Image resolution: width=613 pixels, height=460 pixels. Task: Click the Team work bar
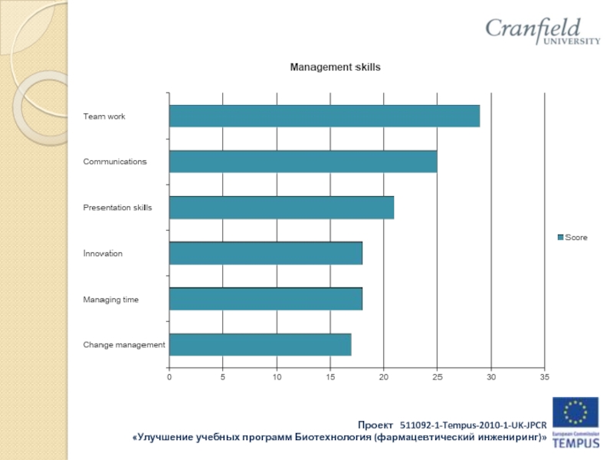coord(324,116)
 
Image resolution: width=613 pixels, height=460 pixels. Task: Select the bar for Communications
coord(303,162)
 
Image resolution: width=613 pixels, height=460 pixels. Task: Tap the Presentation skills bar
coord(281,208)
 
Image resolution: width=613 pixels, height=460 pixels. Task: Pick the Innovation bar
coord(265,253)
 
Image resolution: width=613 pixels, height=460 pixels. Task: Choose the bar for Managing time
coord(265,299)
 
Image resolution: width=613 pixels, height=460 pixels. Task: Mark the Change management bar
coord(260,345)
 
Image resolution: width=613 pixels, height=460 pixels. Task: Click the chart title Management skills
coord(335,67)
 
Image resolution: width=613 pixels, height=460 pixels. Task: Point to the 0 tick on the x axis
coord(169,377)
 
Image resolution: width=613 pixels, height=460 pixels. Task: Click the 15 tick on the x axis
coord(330,377)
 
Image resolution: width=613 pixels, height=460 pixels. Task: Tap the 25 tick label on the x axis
coord(437,377)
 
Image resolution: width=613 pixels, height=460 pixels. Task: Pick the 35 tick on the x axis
coord(544,377)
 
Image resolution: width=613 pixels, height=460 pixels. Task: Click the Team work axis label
coord(104,117)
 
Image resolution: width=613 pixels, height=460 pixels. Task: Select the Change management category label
coord(124,345)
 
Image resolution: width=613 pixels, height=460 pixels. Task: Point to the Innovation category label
coord(103,254)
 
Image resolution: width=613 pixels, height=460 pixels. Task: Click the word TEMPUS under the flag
coord(576,442)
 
